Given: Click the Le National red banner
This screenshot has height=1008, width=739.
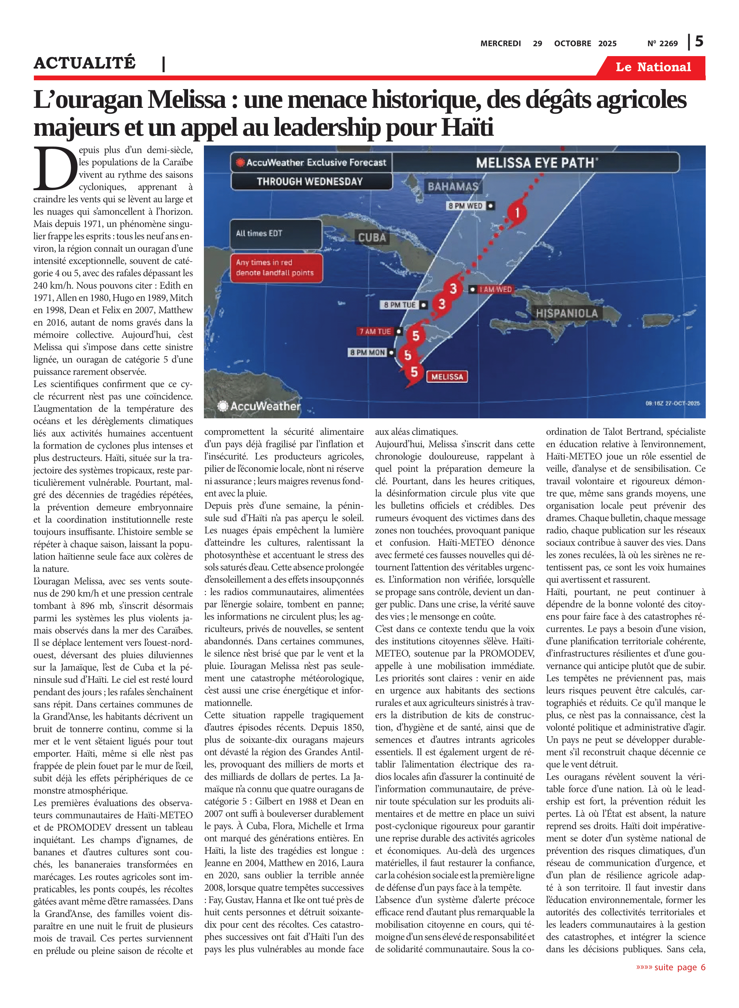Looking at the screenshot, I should [x=653, y=67].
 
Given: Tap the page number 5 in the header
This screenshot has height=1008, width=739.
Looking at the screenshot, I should [x=699, y=42].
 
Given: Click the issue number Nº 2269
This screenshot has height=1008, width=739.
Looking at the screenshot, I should [x=662, y=43].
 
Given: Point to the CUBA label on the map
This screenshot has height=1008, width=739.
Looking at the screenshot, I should [x=372, y=237].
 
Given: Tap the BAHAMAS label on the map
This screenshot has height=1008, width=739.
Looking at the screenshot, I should [x=453, y=186].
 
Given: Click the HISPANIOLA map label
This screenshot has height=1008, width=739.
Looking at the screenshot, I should [x=567, y=313].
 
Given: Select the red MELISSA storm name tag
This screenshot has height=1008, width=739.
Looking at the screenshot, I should [x=447, y=377].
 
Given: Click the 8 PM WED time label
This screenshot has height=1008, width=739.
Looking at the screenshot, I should [x=466, y=206].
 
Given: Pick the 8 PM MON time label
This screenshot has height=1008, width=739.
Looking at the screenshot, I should [x=367, y=352].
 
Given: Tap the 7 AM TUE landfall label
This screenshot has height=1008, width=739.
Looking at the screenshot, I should [x=375, y=332].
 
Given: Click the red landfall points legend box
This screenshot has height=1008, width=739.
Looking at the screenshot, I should [x=275, y=267].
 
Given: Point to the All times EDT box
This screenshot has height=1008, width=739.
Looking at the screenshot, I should [x=275, y=233].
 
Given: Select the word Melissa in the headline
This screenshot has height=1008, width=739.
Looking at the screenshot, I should [x=187, y=100].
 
